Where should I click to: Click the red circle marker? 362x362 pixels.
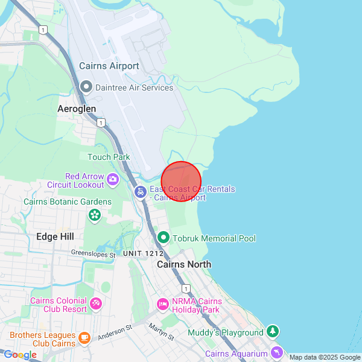tap(181, 181)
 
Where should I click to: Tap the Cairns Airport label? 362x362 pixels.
tap(109, 66)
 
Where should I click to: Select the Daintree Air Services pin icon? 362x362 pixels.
tap(86, 87)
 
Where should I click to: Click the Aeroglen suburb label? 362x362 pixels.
tap(77, 109)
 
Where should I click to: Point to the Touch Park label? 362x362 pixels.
tap(109, 157)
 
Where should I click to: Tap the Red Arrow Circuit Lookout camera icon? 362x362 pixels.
tap(112, 179)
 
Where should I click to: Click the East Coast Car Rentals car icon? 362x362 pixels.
tap(140, 192)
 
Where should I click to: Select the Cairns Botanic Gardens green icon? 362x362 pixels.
tap(95, 215)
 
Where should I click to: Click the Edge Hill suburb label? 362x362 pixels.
tap(55, 237)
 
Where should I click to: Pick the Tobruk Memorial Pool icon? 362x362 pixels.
tap(164, 238)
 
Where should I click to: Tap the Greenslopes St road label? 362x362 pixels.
tap(93, 255)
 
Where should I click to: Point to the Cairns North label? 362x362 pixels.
tap(184, 264)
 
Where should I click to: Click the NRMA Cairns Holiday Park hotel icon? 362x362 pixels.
tap(162, 303)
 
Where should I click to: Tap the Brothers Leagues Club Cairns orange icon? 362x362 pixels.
tap(84, 337)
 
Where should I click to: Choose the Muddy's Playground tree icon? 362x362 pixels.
tap(273, 331)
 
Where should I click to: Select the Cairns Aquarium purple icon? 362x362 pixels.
tap(276, 352)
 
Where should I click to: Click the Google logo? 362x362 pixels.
tap(20, 355)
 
